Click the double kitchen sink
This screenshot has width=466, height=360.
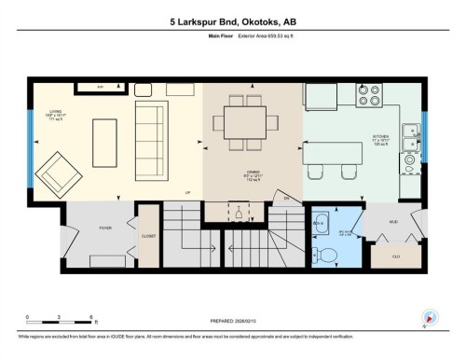coord(410,138)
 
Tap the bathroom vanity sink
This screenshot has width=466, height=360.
coord(320,223)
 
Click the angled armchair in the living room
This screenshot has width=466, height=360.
coord(58,171)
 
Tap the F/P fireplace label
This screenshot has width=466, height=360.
coord(101,87)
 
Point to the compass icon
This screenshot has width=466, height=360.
coord(430,317)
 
